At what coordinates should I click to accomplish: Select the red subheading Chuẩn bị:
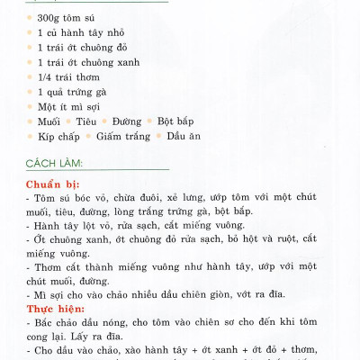pyautogui.click(x=53, y=182)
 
